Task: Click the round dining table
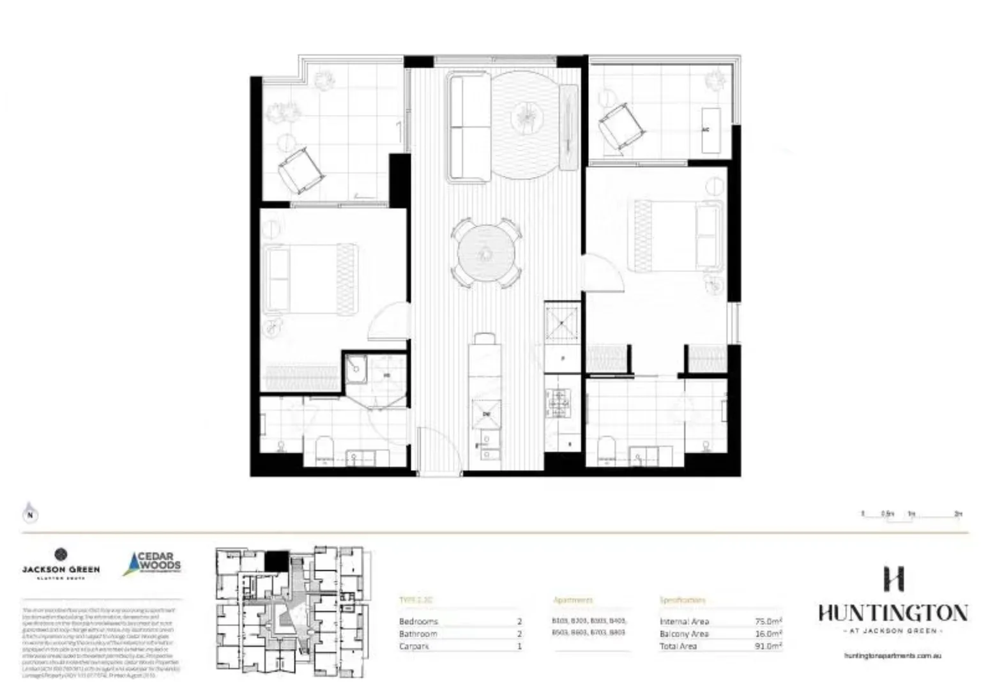click(x=485, y=254)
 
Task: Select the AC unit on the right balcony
click(x=710, y=130)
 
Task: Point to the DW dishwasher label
click(x=486, y=414)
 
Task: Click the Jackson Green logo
click(x=61, y=563)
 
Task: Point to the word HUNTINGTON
click(x=892, y=613)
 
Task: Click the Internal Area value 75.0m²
click(x=768, y=621)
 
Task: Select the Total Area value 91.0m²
click(x=768, y=646)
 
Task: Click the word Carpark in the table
click(x=414, y=646)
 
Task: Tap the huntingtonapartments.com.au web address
click(x=892, y=655)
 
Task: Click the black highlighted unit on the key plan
click(x=277, y=562)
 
